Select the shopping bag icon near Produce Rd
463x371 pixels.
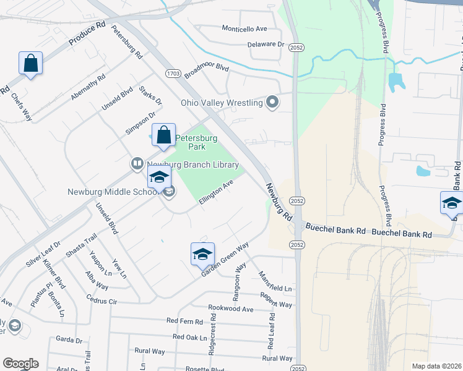tap(30, 63)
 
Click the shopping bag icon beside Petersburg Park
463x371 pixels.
tap(163, 135)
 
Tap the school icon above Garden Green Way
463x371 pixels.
tap(202, 254)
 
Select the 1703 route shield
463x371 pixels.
tap(173, 74)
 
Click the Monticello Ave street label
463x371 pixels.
tap(244, 29)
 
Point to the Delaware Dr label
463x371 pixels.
tap(266, 45)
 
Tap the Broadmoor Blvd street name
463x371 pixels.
tap(202, 78)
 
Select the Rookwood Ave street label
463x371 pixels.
tap(231, 308)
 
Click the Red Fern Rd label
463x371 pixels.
tap(184, 322)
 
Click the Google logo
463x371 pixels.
tap(20, 364)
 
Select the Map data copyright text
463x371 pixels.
tap(436, 366)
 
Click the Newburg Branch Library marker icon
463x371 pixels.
tap(137, 164)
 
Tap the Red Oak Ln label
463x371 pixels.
tap(189, 337)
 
